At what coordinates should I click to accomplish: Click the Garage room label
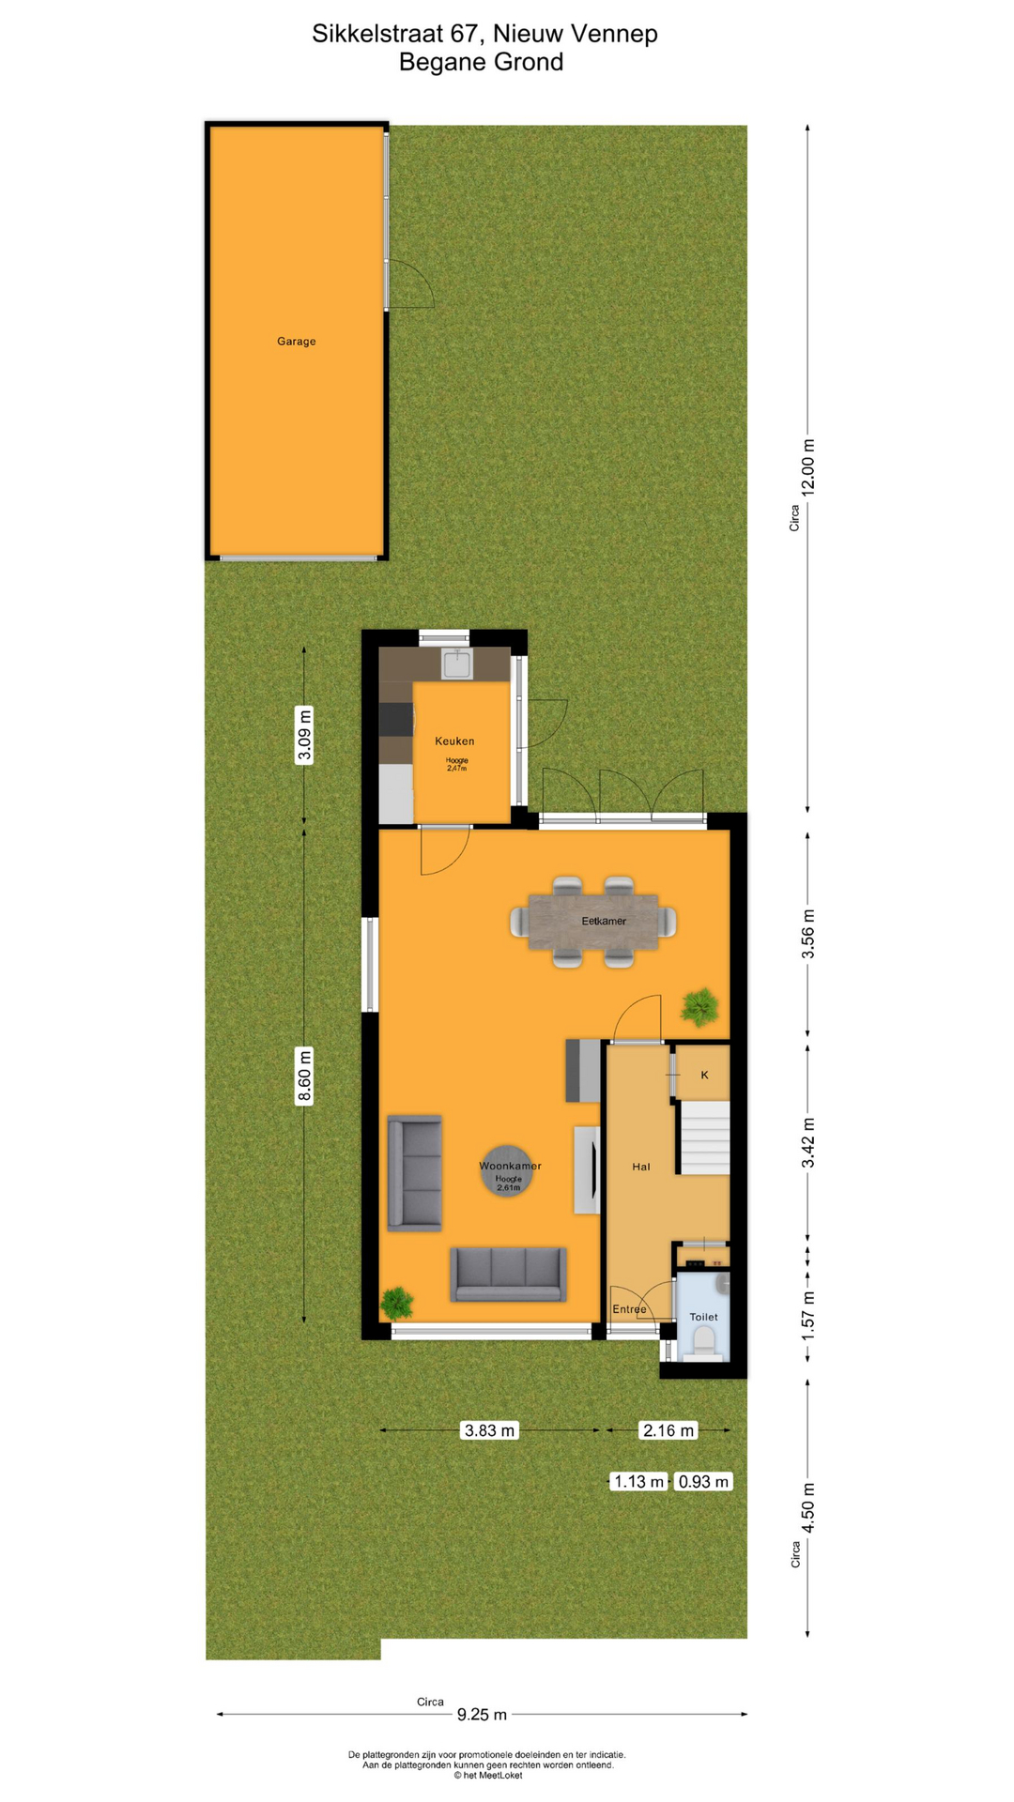(x=296, y=342)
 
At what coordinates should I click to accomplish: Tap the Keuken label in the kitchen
(x=454, y=741)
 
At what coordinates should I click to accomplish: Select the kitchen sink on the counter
(x=457, y=664)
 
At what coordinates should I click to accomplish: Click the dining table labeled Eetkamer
(x=593, y=922)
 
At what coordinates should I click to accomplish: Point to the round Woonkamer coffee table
(x=508, y=1170)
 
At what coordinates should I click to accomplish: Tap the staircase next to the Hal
(x=704, y=1138)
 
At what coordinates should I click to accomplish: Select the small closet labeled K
(x=704, y=1075)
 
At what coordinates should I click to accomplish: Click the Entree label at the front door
(x=629, y=1309)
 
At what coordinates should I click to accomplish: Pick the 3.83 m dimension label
(x=490, y=1430)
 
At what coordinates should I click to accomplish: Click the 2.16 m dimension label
(x=668, y=1430)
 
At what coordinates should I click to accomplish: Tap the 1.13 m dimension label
(x=638, y=1481)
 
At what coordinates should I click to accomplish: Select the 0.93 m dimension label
(x=703, y=1481)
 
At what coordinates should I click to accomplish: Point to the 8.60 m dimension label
(x=304, y=1076)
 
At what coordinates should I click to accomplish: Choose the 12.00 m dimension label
(x=808, y=466)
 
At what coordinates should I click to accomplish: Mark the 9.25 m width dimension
(x=482, y=1715)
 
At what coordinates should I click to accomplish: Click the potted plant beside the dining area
(x=699, y=1007)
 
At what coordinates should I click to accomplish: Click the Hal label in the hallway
(x=641, y=1168)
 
